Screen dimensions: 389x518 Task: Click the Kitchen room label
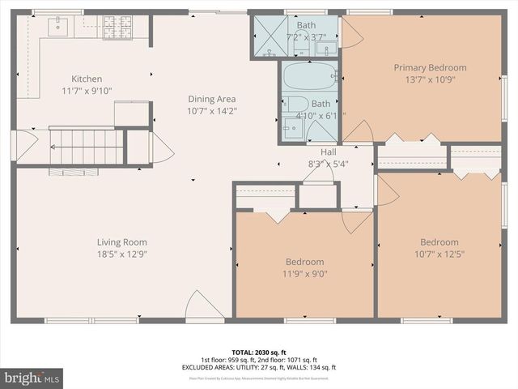87,79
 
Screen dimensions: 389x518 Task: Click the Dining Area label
212,99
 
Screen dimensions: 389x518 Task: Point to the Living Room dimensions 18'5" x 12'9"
122,254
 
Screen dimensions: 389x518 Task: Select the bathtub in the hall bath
310,77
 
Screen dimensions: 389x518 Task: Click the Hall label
328,152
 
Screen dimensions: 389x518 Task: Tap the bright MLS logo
32,378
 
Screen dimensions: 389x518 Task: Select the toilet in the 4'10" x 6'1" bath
295,105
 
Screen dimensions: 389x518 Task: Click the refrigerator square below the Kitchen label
130,113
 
